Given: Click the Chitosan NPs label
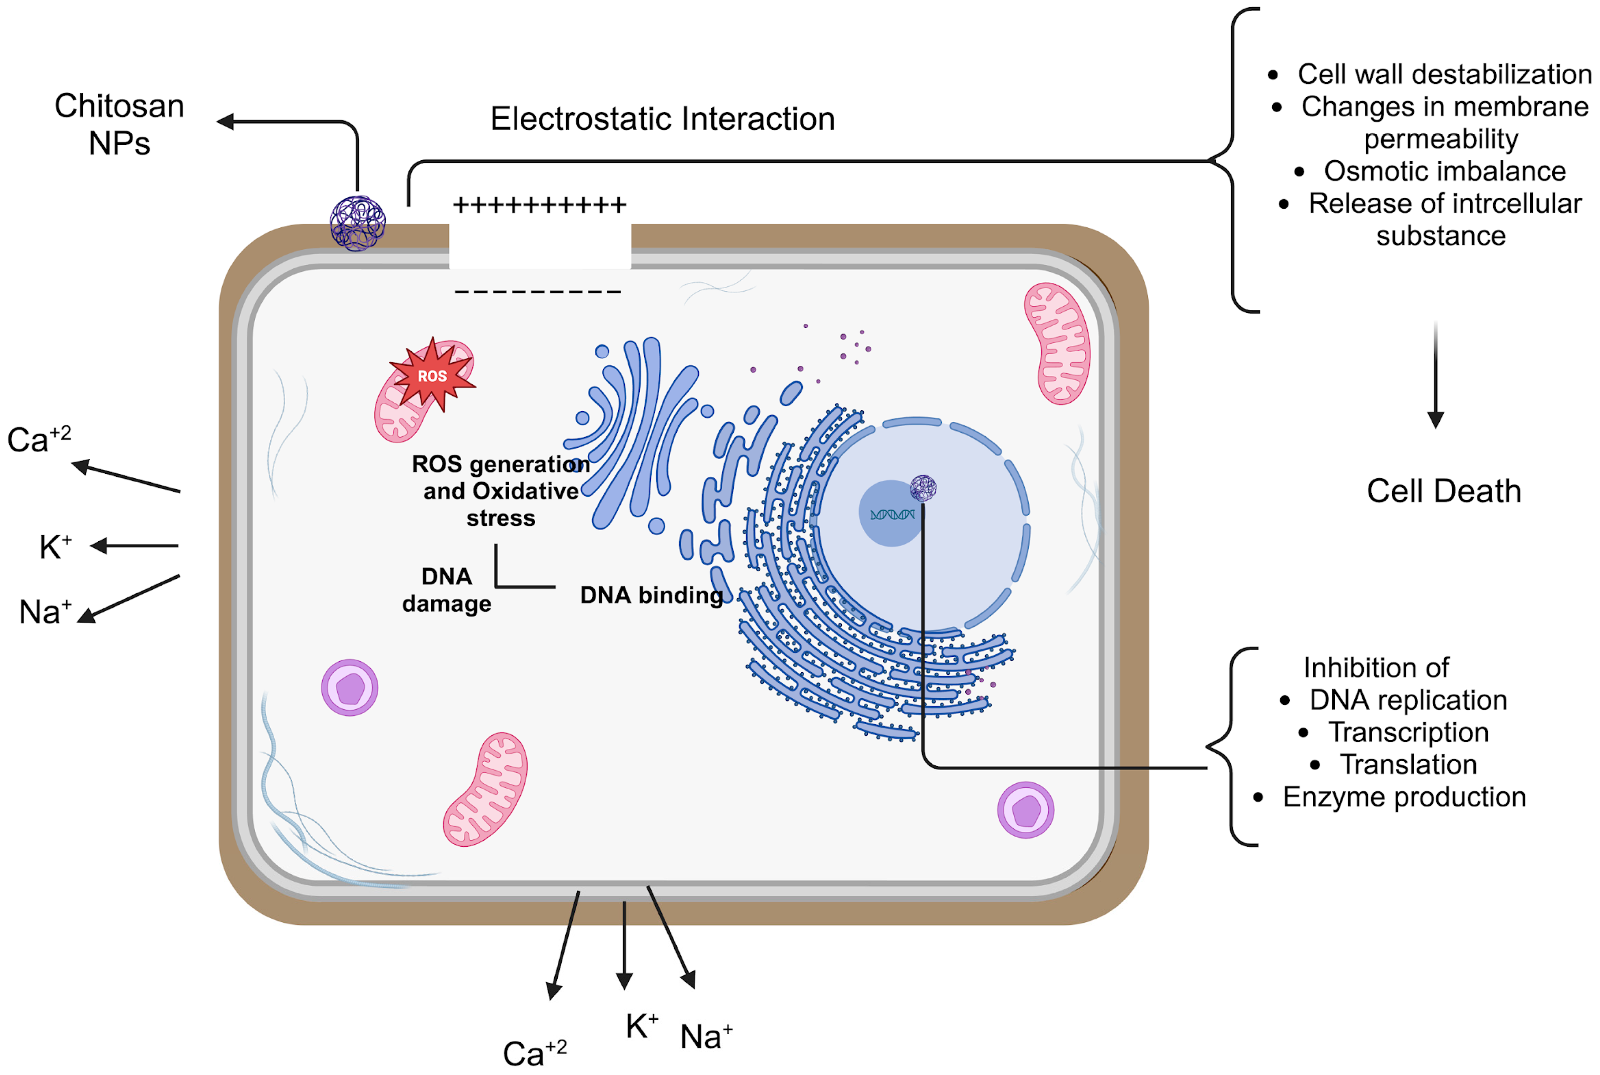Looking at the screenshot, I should point(119,125).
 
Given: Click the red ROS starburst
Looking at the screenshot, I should point(432,376).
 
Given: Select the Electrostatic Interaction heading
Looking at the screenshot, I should point(662,119).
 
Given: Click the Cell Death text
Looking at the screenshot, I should point(1443,491).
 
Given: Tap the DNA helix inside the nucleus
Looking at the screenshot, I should point(891,514).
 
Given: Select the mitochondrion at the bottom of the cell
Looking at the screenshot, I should point(486,789).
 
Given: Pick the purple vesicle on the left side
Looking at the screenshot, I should point(349,688).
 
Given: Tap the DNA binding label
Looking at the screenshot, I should point(651,595).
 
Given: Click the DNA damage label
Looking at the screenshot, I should point(447,590).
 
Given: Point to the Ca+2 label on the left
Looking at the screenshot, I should point(38,439).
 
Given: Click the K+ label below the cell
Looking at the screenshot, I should point(641,1027).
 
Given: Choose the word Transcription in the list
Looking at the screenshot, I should point(1408,732).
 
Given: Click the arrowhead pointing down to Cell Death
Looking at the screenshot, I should point(1435,420).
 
